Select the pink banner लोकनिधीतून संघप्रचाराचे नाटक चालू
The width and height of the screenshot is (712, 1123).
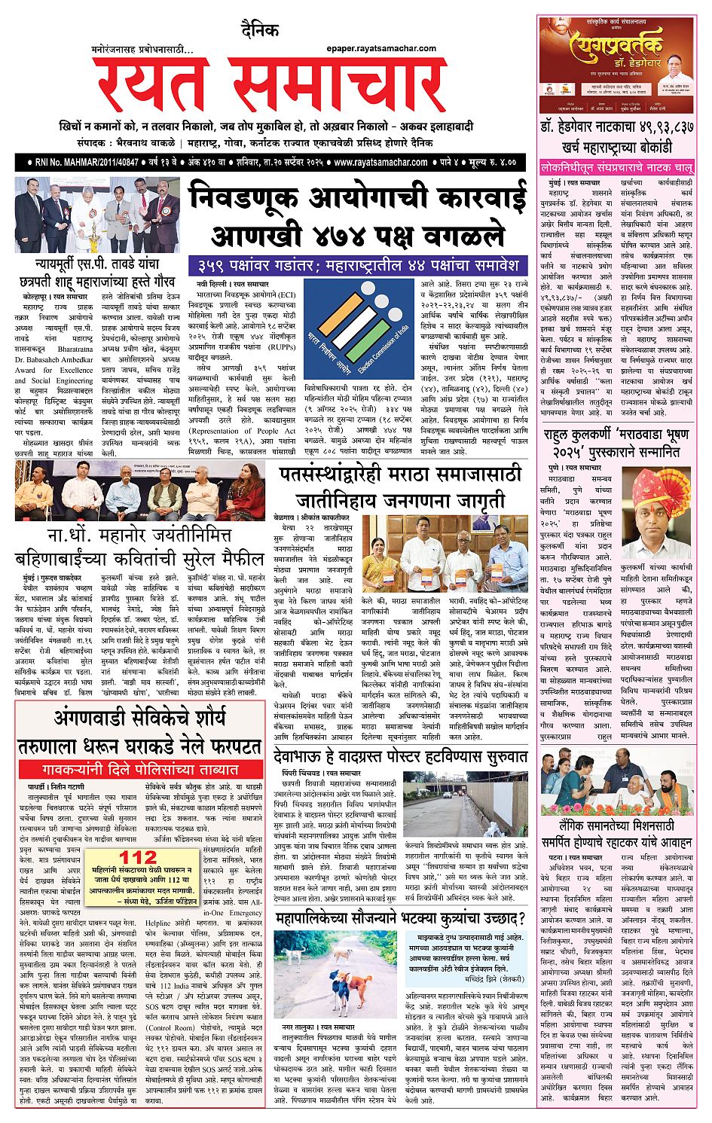coord(616,168)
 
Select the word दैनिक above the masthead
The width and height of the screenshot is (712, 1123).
coord(261,32)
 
